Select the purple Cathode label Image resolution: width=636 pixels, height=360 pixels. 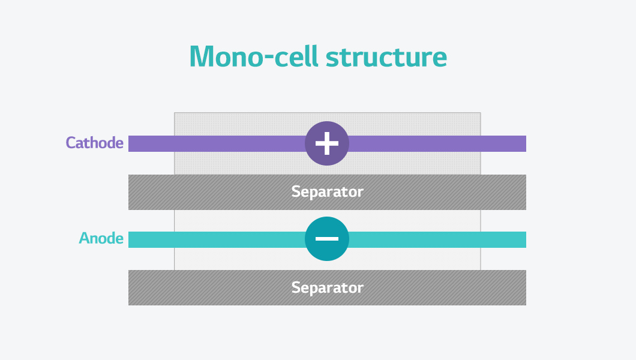click(95, 143)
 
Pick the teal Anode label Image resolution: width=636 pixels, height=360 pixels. click(101, 238)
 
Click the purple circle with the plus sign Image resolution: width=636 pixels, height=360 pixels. click(327, 143)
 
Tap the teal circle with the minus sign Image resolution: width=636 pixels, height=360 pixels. click(327, 239)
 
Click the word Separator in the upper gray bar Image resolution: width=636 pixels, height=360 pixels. click(327, 192)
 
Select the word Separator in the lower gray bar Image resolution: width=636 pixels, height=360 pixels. click(327, 287)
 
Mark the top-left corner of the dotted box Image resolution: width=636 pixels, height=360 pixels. click(175, 113)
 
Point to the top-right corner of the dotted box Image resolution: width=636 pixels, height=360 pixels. click(480, 113)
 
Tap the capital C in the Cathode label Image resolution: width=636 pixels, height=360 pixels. click(70, 143)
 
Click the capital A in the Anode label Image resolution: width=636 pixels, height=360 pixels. click(84, 238)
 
